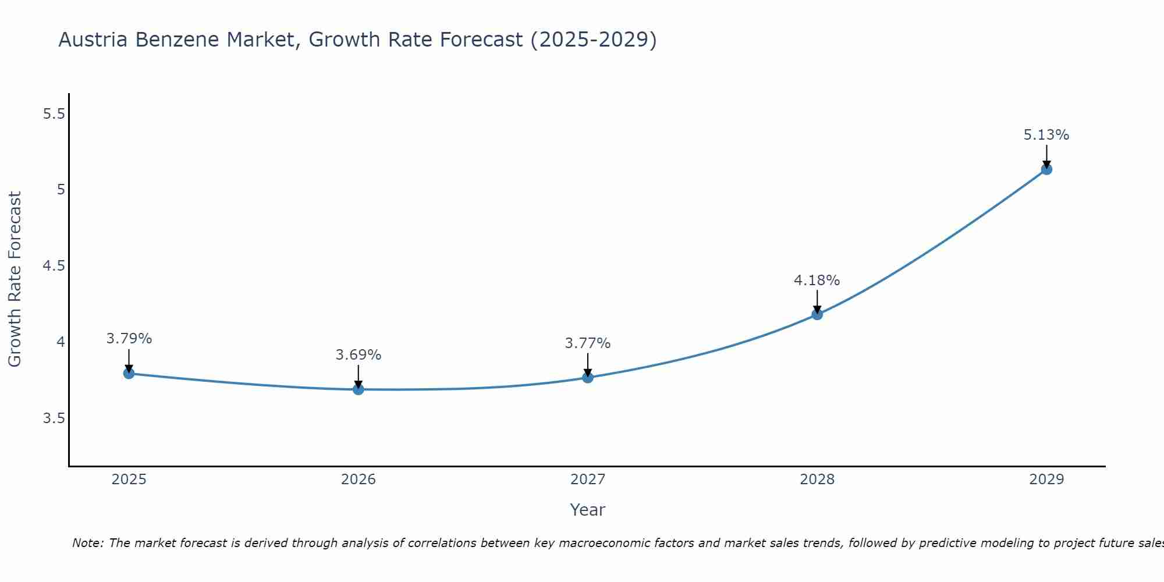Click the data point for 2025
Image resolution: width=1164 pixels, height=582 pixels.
tap(129, 374)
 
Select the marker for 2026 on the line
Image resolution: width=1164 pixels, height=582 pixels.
tap(359, 389)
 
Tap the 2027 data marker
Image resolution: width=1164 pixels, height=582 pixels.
tap(588, 378)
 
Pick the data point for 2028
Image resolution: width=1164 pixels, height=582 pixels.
tap(817, 315)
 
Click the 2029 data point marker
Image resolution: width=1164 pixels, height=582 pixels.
tap(1046, 169)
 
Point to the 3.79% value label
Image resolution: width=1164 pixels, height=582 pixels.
tap(129, 339)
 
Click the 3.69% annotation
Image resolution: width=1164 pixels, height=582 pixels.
tap(359, 355)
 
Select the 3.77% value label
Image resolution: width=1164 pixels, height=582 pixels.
tap(588, 343)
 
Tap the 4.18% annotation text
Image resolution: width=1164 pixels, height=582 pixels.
tap(817, 281)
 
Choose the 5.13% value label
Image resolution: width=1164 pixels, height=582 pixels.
tap(1046, 135)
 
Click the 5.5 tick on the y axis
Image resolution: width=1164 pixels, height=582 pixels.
tap(54, 114)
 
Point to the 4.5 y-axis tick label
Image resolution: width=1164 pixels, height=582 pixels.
tap(54, 266)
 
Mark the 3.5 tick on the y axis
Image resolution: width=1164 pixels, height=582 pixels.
tap(54, 418)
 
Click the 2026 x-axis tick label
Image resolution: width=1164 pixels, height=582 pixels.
tap(359, 480)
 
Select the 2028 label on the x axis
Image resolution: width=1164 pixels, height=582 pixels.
tap(817, 480)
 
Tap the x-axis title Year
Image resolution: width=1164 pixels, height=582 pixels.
tap(588, 510)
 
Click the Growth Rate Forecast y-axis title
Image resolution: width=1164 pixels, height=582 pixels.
tap(15, 279)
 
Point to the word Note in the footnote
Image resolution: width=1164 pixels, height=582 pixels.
tap(87, 543)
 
